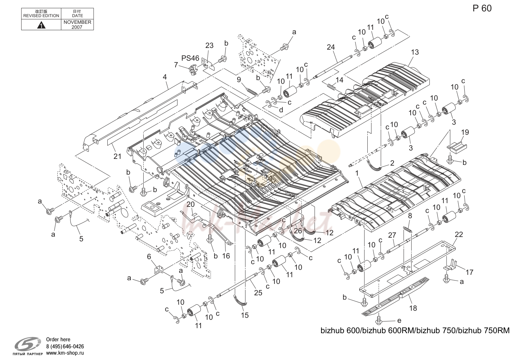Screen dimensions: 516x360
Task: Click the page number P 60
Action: [482, 8]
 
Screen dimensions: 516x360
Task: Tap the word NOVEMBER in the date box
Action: [78, 22]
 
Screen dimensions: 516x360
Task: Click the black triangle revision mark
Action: [41, 25]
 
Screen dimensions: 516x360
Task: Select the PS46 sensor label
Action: [190, 58]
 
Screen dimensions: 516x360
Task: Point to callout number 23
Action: [209, 46]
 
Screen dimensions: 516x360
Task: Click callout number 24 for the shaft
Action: [330, 47]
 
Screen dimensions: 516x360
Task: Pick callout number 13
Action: [415, 52]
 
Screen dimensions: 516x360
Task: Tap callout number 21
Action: [117, 157]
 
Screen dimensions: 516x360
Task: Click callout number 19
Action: [465, 132]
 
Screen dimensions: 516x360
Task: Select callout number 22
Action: [459, 235]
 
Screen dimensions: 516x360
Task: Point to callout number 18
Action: [413, 308]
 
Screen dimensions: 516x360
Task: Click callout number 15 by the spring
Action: [245, 315]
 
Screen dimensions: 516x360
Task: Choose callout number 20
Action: [191, 204]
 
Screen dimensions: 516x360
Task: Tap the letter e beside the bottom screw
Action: [399, 321]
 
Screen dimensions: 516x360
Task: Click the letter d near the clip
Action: [281, 110]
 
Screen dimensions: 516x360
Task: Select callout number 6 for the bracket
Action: [149, 257]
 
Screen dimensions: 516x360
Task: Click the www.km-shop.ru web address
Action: [65, 353]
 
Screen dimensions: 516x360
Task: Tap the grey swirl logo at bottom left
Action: [28, 344]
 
